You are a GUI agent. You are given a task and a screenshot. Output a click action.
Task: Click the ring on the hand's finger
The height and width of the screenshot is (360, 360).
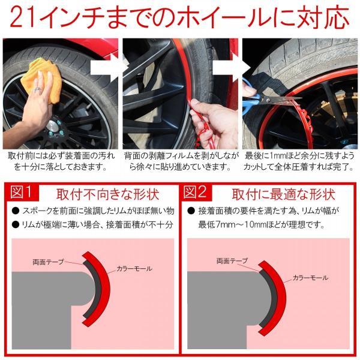pos(37,90)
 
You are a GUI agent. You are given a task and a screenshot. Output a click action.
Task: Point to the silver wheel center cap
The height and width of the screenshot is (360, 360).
pos(52,126)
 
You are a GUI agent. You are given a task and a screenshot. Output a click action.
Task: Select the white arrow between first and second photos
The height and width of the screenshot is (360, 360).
pos(104,68)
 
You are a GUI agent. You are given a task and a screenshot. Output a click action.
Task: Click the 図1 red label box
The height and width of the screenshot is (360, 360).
pos(22,192)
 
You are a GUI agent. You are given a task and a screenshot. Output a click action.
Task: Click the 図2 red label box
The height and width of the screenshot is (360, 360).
pos(197,192)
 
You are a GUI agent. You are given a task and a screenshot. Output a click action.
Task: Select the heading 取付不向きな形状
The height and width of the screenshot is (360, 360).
pos(107,194)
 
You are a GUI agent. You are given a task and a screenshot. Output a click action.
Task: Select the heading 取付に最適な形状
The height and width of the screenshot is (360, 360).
pos(284,194)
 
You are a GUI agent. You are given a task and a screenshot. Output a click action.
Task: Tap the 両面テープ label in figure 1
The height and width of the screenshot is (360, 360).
pos(48,262)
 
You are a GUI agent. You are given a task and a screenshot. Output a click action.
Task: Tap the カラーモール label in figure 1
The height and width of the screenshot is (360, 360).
pos(134,268)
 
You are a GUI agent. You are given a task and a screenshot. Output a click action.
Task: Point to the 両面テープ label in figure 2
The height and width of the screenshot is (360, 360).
pos(232,260)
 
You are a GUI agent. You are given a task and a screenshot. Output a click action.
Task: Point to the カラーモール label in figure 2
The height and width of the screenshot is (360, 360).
pos(310,278)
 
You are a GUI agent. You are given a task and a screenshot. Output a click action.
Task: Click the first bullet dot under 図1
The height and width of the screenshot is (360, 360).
pos(15,211)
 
